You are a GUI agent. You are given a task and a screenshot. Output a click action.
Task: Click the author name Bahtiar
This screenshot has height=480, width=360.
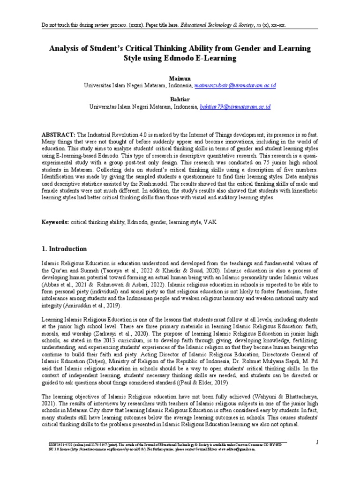click(180, 99)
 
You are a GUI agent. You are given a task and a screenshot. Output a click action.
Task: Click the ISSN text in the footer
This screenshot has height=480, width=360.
click(53, 443)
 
